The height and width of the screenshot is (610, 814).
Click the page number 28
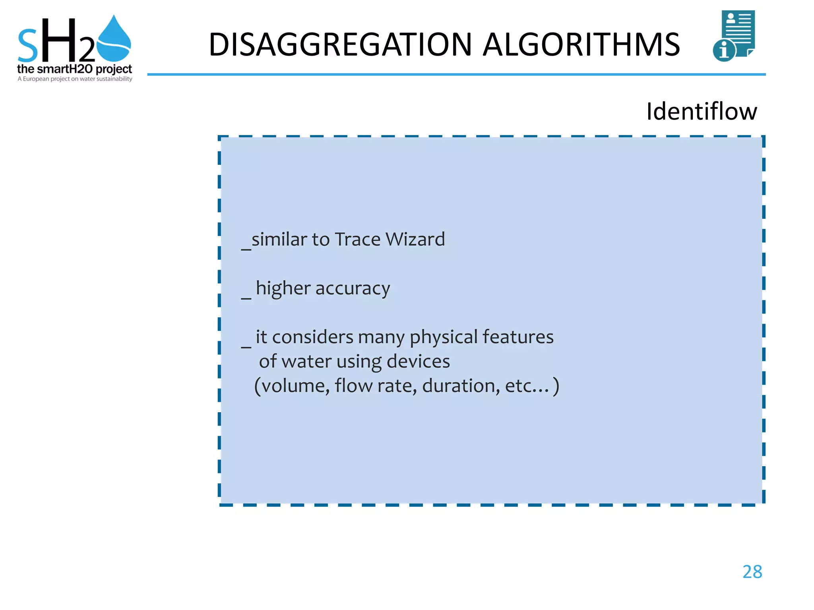coord(752,572)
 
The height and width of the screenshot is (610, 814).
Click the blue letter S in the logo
coord(28,47)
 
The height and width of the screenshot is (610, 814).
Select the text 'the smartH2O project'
coord(74,69)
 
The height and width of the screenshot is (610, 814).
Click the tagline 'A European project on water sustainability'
coord(75,79)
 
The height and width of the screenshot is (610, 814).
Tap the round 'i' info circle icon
coord(724,51)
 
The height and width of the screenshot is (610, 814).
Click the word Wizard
coord(415,239)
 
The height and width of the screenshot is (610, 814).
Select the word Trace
coord(357,239)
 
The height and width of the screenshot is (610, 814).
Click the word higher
coord(283,288)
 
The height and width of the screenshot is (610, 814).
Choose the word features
coord(517,337)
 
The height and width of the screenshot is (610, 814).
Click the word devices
coord(418,361)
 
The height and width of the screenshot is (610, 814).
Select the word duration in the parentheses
coord(461,386)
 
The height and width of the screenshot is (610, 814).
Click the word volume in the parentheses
coord(295,386)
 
